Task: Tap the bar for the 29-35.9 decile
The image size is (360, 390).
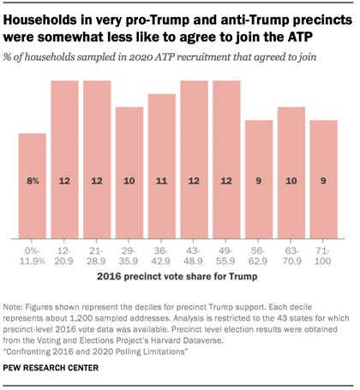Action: [x=129, y=172]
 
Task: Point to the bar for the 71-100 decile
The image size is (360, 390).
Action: [x=323, y=179]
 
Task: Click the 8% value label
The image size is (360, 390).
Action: [x=32, y=183]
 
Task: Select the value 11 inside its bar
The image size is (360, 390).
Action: [x=162, y=183]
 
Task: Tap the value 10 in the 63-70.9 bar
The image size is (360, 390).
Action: [x=291, y=183]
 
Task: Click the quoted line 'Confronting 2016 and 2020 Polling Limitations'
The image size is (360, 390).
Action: [x=96, y=352]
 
